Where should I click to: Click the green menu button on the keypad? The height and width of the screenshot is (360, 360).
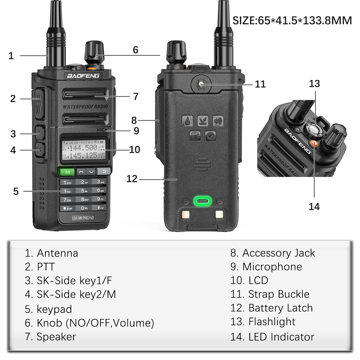click(66, 172)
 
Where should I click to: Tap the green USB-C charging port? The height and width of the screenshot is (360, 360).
click(203, 202)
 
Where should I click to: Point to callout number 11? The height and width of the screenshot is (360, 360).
click(260, 84)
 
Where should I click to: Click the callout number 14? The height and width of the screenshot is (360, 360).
click(314, 206)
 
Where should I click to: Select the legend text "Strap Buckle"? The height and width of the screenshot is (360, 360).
click(279, 294)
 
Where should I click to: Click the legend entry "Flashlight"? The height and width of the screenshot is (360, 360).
click(272, 322)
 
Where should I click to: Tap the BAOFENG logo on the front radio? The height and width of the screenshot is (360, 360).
click(83, 76)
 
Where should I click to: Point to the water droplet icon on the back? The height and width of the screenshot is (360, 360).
click(188, 121)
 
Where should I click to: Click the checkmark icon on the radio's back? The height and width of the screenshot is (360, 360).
click(210, 136)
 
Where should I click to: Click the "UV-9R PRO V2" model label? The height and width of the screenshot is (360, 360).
click(83, 217)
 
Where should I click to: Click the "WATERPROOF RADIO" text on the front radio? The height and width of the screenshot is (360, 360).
click(85, 107)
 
